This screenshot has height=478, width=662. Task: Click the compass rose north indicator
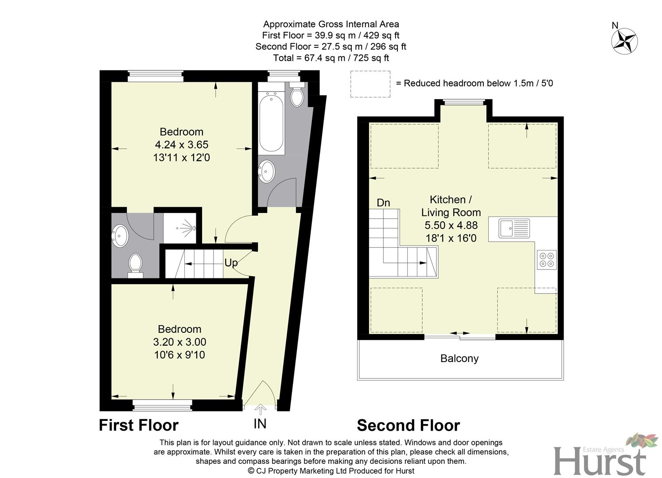point(624,41)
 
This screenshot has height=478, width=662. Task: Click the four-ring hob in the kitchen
point(546,260)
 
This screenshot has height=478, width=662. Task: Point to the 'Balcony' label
point(459,358)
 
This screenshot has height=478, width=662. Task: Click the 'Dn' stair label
point(383,203)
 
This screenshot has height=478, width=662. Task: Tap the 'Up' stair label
point(231,263)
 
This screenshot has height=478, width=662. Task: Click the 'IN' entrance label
point(260,424)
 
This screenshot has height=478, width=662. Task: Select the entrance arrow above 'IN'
point(260,409)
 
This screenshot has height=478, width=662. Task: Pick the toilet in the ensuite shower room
point(135,264)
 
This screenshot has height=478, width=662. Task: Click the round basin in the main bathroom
point(267,171)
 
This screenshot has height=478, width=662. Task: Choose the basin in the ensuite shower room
point(120,236)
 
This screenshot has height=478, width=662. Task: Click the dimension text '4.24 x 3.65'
point(181,145)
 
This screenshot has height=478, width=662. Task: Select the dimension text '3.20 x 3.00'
point(179,342)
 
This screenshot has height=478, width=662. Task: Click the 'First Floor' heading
point(138,425)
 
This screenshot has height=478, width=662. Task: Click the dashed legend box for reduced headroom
point(370,84)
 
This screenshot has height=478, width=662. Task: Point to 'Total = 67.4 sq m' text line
point(331,58)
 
